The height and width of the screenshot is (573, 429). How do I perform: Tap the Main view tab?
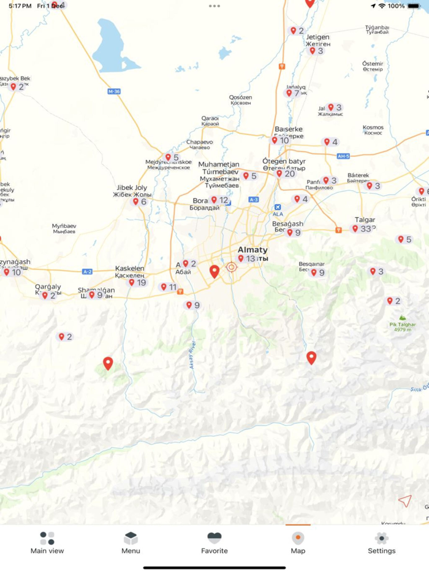pyautogui.click(x=47, y=542)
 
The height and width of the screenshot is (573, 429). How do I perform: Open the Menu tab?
pyautogui.click(x=131, y=542)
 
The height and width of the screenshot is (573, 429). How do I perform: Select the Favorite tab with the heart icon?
pyautogui.click(x=214, y=542)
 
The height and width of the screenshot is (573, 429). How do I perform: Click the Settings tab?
pyautogui.click(x=381, y=542)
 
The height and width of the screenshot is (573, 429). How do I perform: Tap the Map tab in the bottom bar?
pyautogui.click(x=298, y=542)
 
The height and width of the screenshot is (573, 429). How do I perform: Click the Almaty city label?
pyautogui.click(x=252, y=250)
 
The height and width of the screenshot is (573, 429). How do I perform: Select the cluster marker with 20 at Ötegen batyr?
pyautogui.click(x=286, y=174)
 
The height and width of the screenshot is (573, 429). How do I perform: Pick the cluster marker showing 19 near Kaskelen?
pyautogui.click(x=137, y=282)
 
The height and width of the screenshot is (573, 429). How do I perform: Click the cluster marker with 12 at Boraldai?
pyautogui.click(x=219, y=200)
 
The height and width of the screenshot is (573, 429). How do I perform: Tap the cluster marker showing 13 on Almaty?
pyautogui.click(x=246, y=259)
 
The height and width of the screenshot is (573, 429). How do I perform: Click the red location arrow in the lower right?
pyautogui.click(x=404, y=501)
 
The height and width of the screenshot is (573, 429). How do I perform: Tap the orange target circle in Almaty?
pyautogui.click(x=232, y=267)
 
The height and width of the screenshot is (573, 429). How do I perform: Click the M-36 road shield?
pyautogui.click(x=114, y=91)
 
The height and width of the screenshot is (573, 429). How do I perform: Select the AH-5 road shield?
pyautogui.click(x=343, y=156)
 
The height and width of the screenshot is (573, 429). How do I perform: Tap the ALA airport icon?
pyautogui.click(x=278, y=208)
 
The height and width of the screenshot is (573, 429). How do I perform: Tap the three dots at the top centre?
pyautogui.click(x=214, y=6)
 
